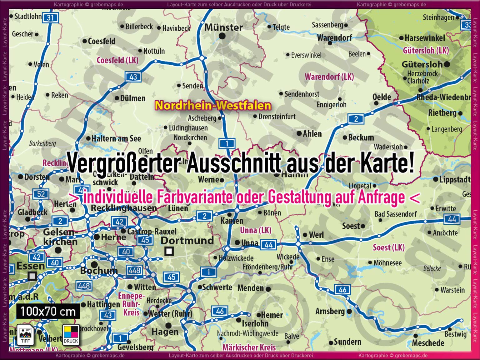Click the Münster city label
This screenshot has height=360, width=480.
(223, 27)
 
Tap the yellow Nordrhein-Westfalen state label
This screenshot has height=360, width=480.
(213, 106)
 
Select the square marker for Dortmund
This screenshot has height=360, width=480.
(169, 251)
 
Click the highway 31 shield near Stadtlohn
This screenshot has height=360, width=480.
(50, 18)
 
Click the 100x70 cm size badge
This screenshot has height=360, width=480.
(48, 312)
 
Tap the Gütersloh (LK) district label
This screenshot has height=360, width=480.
(426, 50)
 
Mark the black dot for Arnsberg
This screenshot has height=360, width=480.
(349, 312)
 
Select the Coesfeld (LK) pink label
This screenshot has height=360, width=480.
(117, 60)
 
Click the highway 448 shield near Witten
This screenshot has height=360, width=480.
(134, 270)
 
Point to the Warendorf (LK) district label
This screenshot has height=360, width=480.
(329, 77)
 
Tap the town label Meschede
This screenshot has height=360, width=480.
(428, 343)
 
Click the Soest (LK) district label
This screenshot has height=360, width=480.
(388, 248)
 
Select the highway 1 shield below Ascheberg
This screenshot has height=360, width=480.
(227, 143)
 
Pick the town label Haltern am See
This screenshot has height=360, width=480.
(116, 138)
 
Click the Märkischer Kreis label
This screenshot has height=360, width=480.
(249, 347)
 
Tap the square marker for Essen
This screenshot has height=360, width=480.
(32, 276)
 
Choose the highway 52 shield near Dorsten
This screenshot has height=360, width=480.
(41, 194)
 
